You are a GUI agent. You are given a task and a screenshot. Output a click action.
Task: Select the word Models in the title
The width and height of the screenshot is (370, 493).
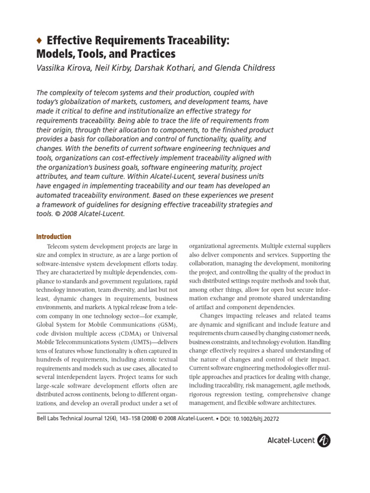(53, 54)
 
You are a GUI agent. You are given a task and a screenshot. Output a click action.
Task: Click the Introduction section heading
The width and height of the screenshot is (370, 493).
(54, 236)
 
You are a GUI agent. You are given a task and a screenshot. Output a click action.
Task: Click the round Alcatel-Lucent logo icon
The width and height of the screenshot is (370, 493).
(324, 440)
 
